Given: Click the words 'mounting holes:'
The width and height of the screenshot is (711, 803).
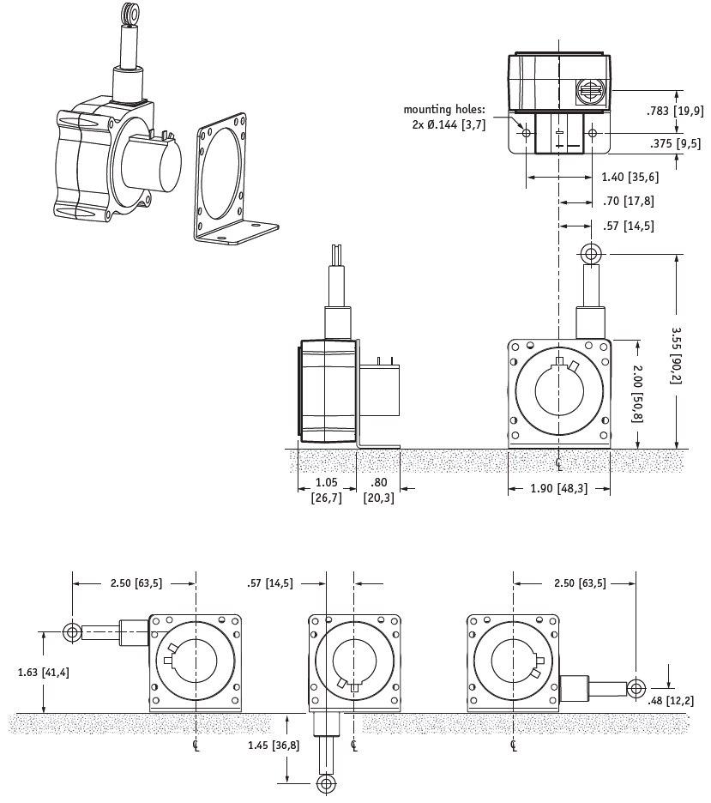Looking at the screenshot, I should (444, 110).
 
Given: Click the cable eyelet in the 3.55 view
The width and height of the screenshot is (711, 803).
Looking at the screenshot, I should (589, 254).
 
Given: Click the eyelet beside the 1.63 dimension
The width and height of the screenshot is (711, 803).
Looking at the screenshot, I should (72, 633).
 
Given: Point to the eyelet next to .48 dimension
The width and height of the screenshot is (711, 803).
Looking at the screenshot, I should (636, 687).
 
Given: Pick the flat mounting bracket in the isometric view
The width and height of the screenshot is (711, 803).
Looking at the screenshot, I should (228, 180).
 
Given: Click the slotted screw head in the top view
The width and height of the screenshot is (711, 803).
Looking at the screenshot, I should (589, 89).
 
